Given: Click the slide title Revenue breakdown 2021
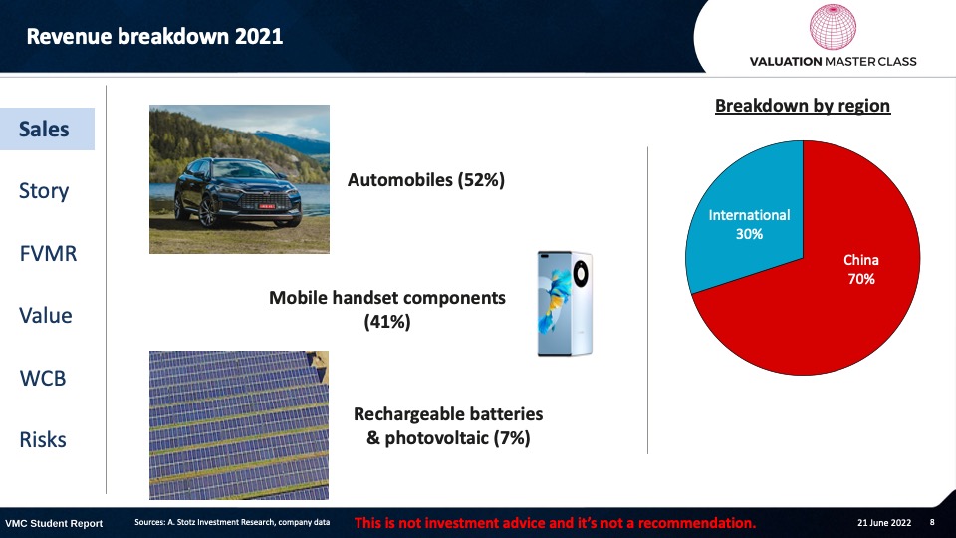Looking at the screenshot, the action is [154, 36].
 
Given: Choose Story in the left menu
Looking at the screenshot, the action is [44, 191].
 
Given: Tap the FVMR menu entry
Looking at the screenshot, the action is [48, 253].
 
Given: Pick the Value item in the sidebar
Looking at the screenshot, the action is [46, 316].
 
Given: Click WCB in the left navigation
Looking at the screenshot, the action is [43, 378].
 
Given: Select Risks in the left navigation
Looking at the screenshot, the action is [43, 439].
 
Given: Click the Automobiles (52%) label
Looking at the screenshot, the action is [426, 180].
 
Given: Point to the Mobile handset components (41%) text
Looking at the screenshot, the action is [387, 309].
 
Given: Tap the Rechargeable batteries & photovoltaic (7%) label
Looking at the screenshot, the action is [448, 425].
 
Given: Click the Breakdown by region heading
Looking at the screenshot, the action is [803, 106].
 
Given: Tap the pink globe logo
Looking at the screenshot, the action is [833, 27].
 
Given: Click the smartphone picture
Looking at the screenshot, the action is [565, 303].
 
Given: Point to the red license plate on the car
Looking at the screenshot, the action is [267, 206].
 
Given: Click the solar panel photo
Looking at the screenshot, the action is [239, 425].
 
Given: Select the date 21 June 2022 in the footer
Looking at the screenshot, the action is [884, 523].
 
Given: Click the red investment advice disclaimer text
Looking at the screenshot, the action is [555, 523].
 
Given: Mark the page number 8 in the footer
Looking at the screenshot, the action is [932, 523].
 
